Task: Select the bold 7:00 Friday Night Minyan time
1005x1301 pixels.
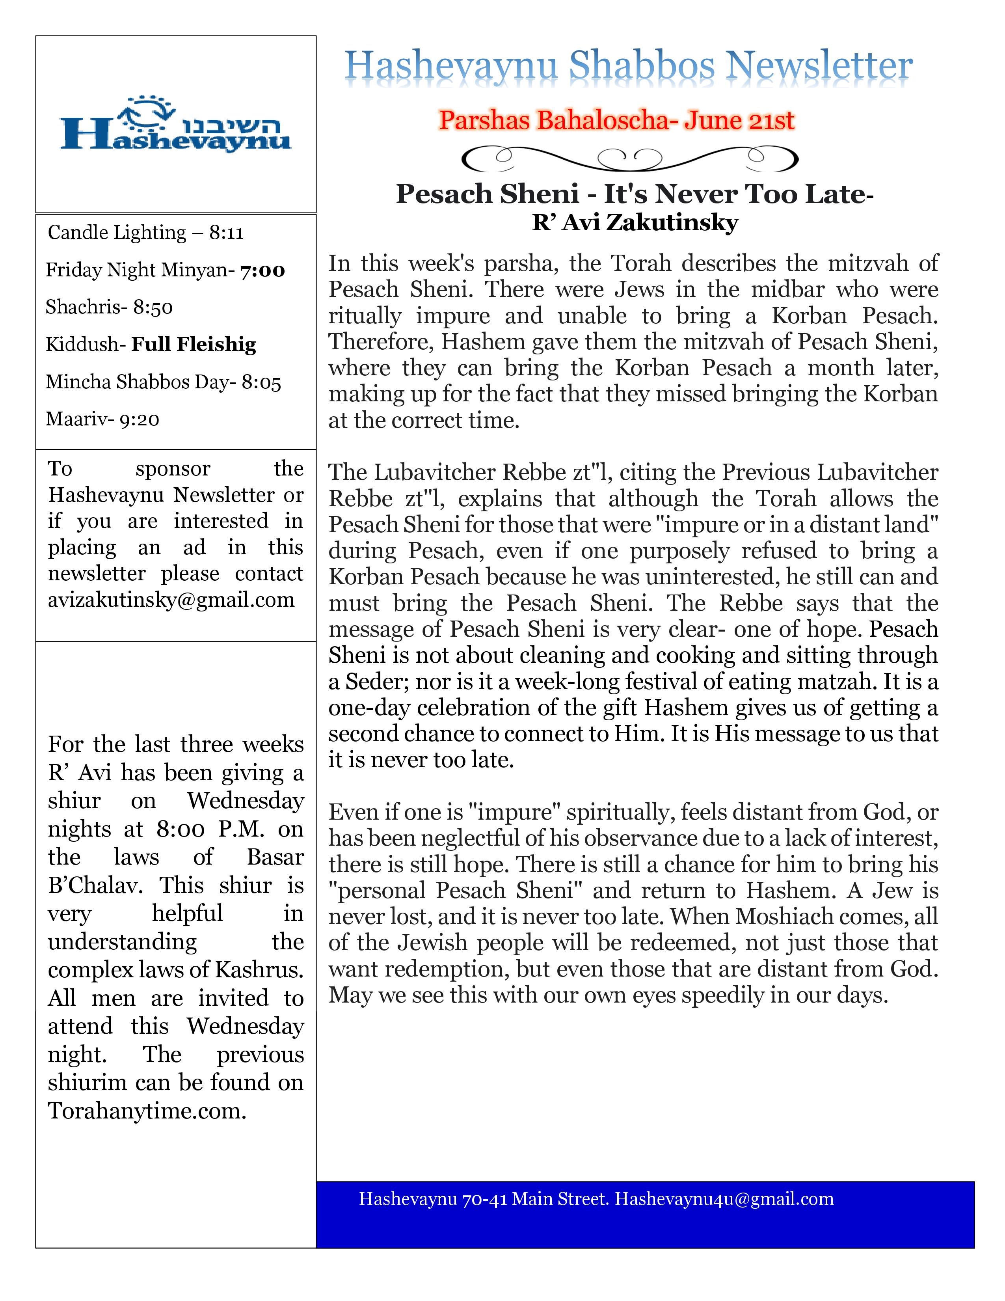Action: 262,270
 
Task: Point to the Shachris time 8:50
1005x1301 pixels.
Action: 153,308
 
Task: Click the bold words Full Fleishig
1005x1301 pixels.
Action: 194,344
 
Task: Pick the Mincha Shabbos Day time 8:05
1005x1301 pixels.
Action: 261,382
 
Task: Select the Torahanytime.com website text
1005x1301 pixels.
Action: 147,1111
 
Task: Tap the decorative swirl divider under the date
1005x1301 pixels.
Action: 629,158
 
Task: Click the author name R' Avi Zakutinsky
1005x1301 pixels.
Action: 635,222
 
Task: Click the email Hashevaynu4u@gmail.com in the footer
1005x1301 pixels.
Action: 724,1198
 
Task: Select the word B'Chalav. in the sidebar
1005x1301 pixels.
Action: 95,886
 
